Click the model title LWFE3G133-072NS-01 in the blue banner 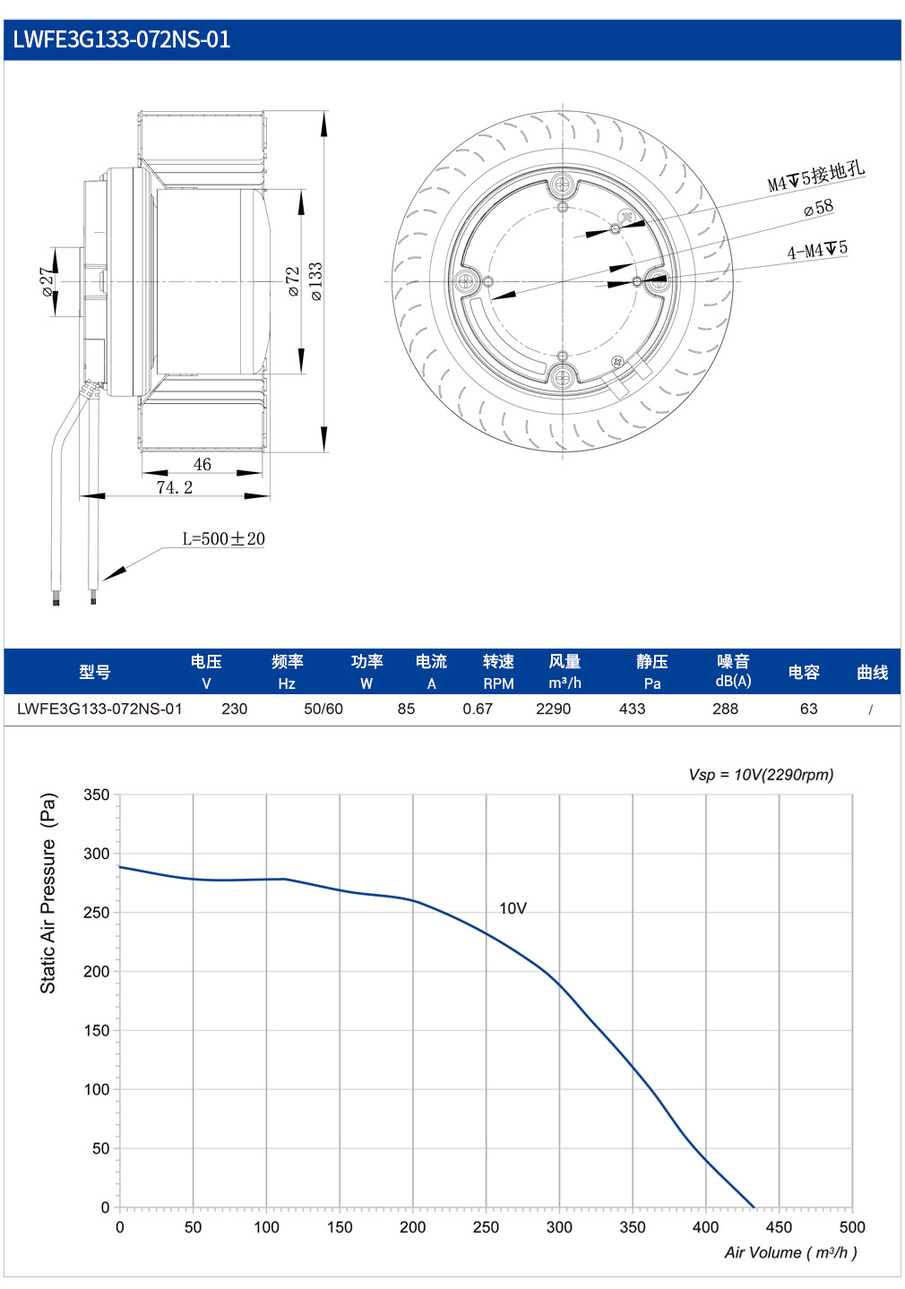(x=122, y=39)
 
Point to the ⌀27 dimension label (x=48, y=282)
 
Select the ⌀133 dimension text (x=316, y=281)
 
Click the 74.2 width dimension (x=175, y=487)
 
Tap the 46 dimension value (x=203, y=464)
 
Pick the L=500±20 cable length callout (x=223, y=538)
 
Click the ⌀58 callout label (x=819, y=207)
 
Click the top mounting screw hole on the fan (x=563, y=185)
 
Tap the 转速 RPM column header (x=498, y=672)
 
